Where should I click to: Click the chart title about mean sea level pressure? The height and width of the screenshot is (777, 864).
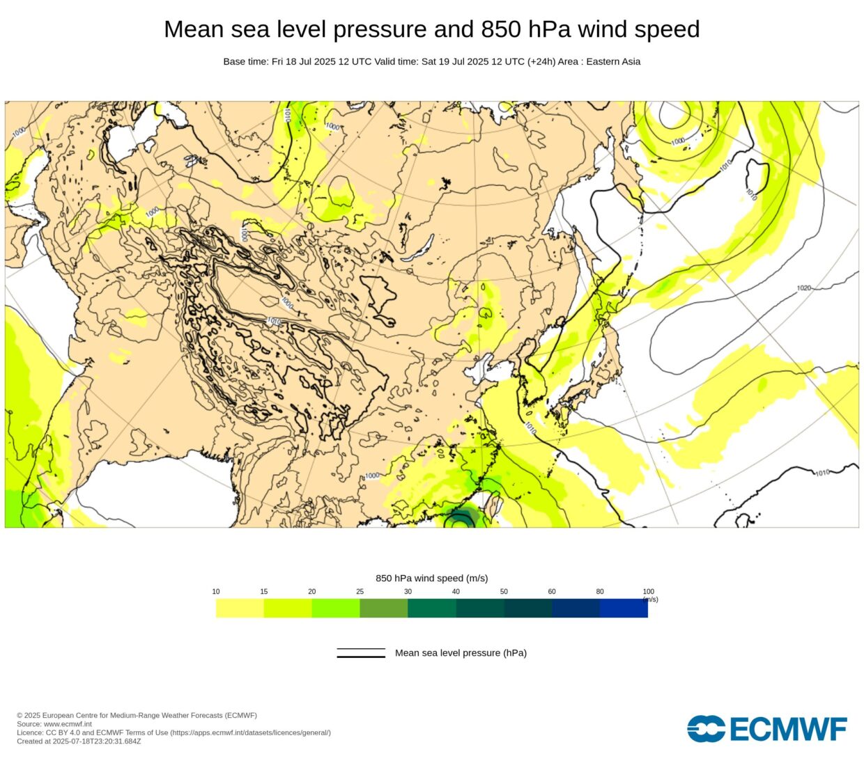point(431,29)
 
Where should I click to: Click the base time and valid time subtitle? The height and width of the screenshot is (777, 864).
point(431,61)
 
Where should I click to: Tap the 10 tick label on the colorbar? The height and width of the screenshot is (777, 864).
point(216,592)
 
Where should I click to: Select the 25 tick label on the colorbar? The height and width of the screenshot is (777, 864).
point(360,592)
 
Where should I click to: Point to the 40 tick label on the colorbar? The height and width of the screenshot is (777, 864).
point(456,592)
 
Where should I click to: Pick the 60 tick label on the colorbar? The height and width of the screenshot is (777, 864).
point(552,592)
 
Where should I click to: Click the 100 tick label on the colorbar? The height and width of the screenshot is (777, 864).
point(648,592)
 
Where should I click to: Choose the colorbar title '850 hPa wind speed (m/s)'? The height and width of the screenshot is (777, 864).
point(431,578)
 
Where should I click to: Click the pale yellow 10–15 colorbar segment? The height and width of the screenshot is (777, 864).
point(240,608)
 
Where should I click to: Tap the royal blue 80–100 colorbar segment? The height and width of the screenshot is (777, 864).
point(624,608)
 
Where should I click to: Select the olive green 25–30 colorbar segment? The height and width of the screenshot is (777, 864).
point(383,608)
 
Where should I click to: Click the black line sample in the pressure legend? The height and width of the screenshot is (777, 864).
point(361,653)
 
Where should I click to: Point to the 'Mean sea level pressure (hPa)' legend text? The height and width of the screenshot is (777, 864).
point(461,653)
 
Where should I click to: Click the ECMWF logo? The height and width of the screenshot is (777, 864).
point(766,729)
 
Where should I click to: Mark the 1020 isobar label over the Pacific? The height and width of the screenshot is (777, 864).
point(804,288)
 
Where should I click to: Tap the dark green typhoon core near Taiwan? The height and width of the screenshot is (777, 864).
point(459,519)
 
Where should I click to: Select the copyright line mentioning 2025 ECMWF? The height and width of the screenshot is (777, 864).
point(137,716)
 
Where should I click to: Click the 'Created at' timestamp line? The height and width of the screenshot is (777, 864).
point(79,741)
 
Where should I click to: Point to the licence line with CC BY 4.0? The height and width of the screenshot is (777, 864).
point(173,732)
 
